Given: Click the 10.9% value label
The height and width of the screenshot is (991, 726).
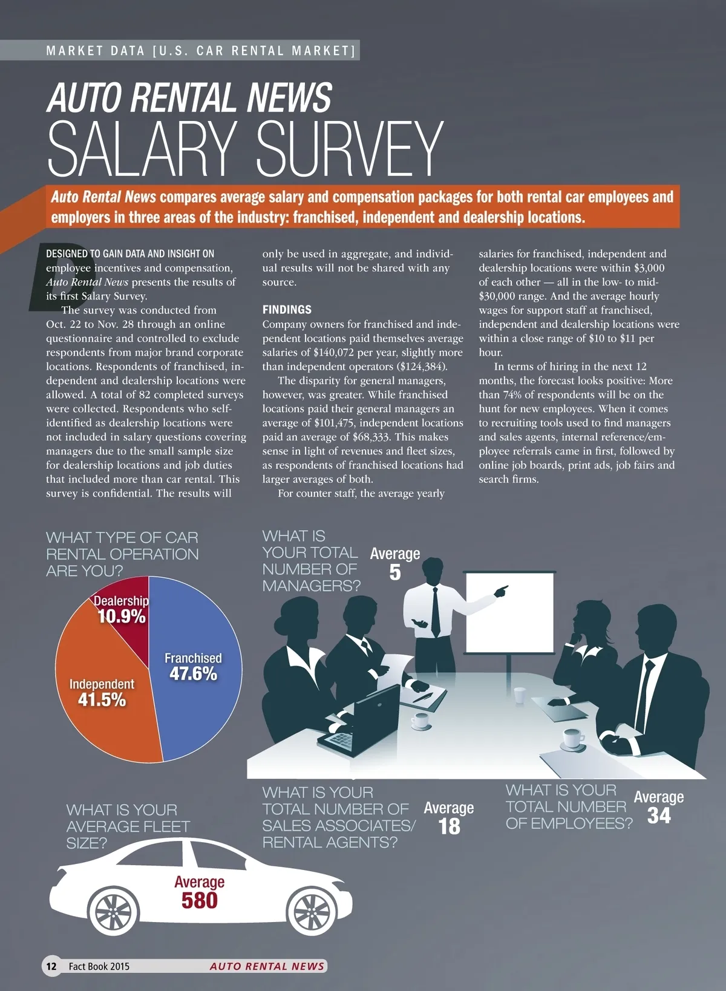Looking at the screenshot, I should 122,617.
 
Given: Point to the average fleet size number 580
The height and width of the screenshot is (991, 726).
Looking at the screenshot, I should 199,900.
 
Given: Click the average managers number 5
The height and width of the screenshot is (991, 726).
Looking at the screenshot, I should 394,572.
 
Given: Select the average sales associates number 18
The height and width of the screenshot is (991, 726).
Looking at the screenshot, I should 449,826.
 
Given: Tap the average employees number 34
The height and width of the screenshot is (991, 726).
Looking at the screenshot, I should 659,816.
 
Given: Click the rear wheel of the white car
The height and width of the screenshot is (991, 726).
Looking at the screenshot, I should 113,911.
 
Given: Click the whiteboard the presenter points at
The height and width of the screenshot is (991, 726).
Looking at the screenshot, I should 508,611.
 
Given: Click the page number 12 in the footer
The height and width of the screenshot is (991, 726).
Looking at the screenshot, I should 51,966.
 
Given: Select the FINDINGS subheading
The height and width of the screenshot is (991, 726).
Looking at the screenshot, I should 287,310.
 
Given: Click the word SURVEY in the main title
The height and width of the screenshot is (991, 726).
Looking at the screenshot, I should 350,150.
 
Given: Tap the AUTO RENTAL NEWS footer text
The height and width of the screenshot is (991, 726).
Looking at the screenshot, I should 267,966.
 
